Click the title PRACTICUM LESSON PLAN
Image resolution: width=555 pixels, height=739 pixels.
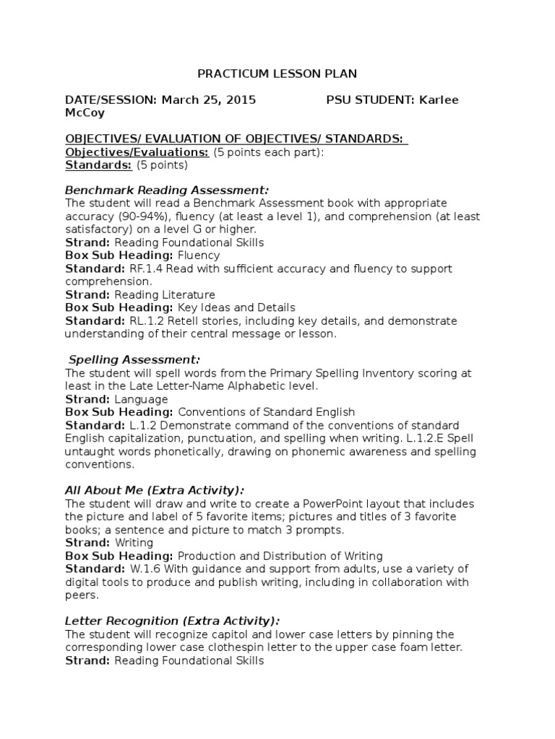(277, 74)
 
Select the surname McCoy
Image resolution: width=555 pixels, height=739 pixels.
(85, 113)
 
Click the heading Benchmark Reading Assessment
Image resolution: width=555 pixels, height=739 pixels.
(167, 191)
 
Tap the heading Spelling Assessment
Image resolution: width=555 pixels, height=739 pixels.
(134, 359)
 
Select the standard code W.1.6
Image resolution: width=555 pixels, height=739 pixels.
(145, 568)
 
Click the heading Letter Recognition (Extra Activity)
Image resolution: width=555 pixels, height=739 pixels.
(173, 621)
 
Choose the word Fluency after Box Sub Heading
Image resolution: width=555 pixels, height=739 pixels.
(199, 255)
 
